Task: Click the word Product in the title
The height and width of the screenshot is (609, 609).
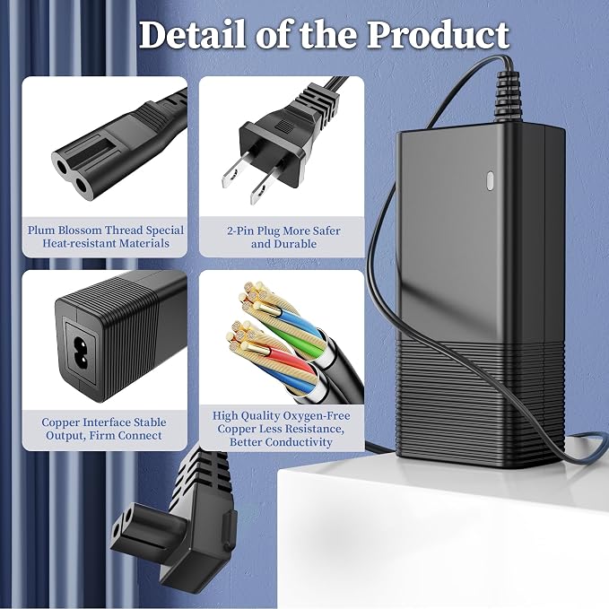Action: [438, 35]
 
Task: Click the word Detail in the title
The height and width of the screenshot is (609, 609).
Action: [192, 35]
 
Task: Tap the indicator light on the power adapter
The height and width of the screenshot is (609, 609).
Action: [490, 181]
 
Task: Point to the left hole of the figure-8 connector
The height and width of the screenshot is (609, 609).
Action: [62, 168]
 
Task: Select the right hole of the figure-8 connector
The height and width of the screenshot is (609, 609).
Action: [82, 186]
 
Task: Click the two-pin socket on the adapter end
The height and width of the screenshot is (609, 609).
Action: [81, 352]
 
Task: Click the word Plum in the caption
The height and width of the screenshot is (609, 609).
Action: [41, 231]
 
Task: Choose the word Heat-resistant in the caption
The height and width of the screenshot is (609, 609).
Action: [79, 244]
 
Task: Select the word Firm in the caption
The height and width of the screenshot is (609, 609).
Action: [102, 436]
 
